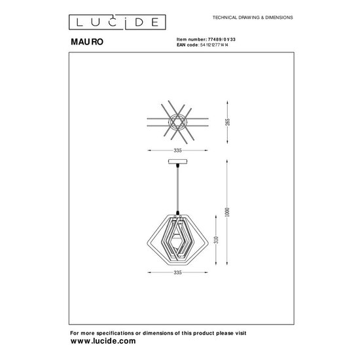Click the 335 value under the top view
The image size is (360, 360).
click(x=177, y=150)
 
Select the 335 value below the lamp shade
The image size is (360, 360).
click(x=177, y=270)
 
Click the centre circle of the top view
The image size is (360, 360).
click(x=177, y=122)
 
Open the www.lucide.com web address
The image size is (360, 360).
click(x=103, y=342)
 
